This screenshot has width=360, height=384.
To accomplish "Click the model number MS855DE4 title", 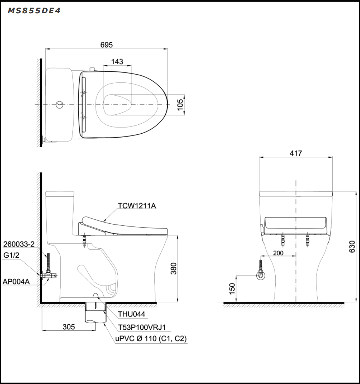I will click(x=34, y=11).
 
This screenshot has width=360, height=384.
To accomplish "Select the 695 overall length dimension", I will click(x=107, y=45).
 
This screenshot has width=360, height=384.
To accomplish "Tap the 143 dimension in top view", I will click(x=117, y=62).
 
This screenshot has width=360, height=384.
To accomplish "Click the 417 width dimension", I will click(x=296, y=153).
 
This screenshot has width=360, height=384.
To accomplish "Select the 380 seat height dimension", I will click(x=174, y=268).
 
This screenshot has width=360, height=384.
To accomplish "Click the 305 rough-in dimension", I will click(x=69, y=327).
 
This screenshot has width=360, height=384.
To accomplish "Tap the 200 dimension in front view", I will click(x=278, y=253).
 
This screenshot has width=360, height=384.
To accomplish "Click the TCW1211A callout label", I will click(x=137, y=206).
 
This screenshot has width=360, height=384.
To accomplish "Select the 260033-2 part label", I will click(x=19, y=245).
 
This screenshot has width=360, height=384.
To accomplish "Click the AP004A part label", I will click(x=16, y=281).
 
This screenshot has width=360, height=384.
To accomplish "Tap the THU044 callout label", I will click(x=131, y=314).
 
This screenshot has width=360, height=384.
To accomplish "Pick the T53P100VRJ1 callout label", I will click(x=142, y=327).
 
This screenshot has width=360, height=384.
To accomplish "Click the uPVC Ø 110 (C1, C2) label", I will click(x=151, y=339).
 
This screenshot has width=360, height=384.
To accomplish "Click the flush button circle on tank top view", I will click(x=60, y=105).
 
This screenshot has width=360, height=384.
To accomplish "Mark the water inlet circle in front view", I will click(x=261, y=276).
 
